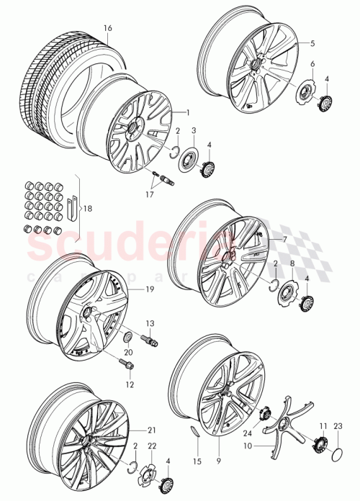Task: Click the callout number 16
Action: click(x=108, y=29)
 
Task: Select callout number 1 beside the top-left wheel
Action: click(x=187, y=112)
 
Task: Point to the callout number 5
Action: click(x=313, y=44)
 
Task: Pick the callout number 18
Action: click(x=89, y=209)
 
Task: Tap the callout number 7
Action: click(x=284, y=239)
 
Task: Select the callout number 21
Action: click(x=152, y=430)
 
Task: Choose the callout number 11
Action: click(x=323, y=426)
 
